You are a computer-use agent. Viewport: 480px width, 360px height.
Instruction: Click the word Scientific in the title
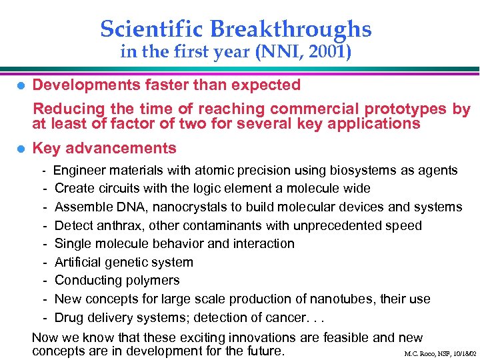tap(153, 29)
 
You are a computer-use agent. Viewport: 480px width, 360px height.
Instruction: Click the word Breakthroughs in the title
tap(291, 29)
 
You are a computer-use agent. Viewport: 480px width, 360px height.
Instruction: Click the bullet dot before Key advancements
tap(21, 149)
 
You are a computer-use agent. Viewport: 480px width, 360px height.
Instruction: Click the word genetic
tap(127, 262)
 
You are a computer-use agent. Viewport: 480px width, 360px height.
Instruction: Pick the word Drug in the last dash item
tap(69, 317)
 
